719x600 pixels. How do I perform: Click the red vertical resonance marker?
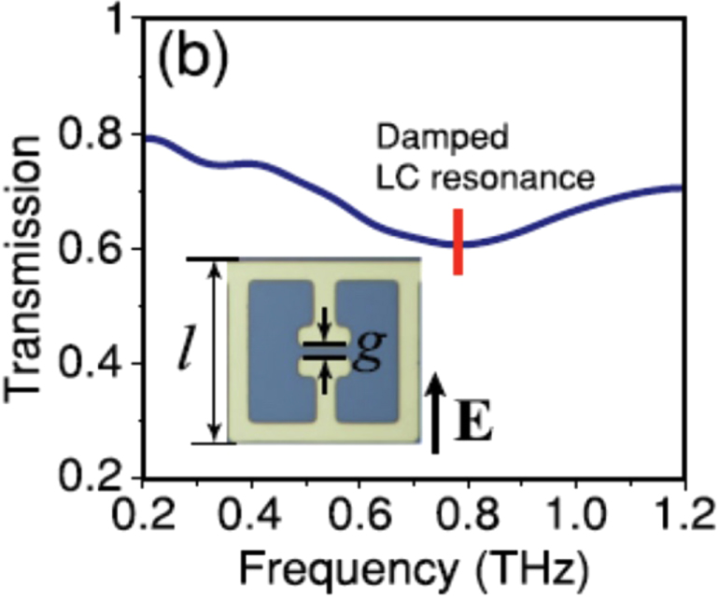(x=458, y=242)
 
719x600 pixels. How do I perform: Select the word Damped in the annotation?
(x=443, y=137)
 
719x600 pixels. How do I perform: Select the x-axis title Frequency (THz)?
(x=413, y=569)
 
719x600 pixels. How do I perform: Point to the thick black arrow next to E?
(x=435, y=412)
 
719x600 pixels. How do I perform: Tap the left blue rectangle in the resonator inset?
(x=280, y=351)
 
